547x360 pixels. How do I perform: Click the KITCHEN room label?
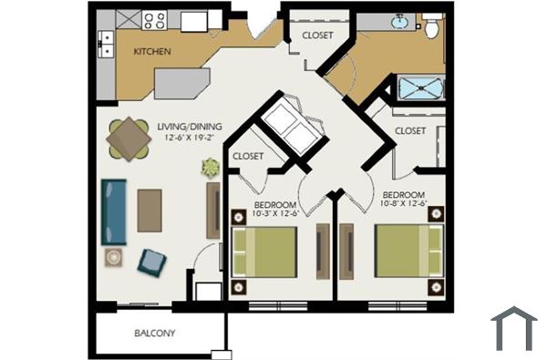coord(152,51)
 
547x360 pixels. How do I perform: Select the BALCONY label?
coord(154,333)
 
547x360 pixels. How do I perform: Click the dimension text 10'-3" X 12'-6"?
coord(274,213)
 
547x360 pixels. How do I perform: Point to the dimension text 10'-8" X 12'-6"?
coord(403,205)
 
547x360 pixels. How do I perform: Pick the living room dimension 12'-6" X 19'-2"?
coord(193,138)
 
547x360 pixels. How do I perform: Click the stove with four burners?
coord(152,20)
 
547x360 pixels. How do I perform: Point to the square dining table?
coord(129,140)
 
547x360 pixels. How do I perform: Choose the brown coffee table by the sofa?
coord(150,210)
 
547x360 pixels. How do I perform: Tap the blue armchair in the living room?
coord(152,262)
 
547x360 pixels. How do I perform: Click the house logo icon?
coord(513,328)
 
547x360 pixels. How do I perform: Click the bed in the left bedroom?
coord(265,254)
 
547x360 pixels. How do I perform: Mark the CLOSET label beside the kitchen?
coord(311,36)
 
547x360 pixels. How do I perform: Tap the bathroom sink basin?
coord(399,21)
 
